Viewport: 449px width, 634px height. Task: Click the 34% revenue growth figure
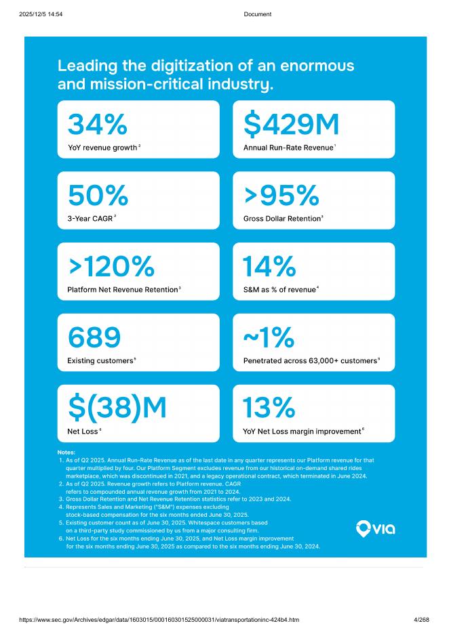[x=98, y=125]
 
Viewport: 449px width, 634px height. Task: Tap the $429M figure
[x=291, y=125]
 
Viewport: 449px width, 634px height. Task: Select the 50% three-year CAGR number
[x=98, y=196]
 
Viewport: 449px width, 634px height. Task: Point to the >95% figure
[x=281, y=196]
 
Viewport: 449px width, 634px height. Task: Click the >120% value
[x=111, y=267]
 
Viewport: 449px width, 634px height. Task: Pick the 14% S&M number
[x=269, y=267]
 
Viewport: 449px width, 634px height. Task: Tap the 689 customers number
[x=94, y=337]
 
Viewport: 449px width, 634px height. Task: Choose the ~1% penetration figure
[x=269, y=337]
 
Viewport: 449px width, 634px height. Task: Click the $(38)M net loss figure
[x=117, y=408]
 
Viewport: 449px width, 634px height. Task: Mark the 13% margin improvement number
[x=269, y=408]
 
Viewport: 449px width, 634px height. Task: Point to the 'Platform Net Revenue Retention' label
[x=122, y=290]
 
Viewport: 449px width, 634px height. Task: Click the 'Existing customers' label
[x=100, y=360]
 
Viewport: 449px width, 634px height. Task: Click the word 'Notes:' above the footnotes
[x=66, y=452]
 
